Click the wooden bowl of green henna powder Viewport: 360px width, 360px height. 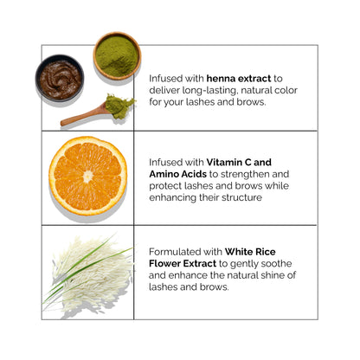(117, 55)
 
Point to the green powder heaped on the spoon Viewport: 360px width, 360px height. (119, 106)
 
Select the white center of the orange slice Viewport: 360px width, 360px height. (88, 176)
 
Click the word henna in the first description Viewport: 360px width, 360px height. (222, 79)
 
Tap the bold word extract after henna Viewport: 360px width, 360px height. (254, 79)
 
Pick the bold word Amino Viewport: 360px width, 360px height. (164, 174)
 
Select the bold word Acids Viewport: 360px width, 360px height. (194, 174)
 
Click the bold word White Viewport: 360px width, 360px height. (239, 252)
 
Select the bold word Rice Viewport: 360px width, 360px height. (265, 252)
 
